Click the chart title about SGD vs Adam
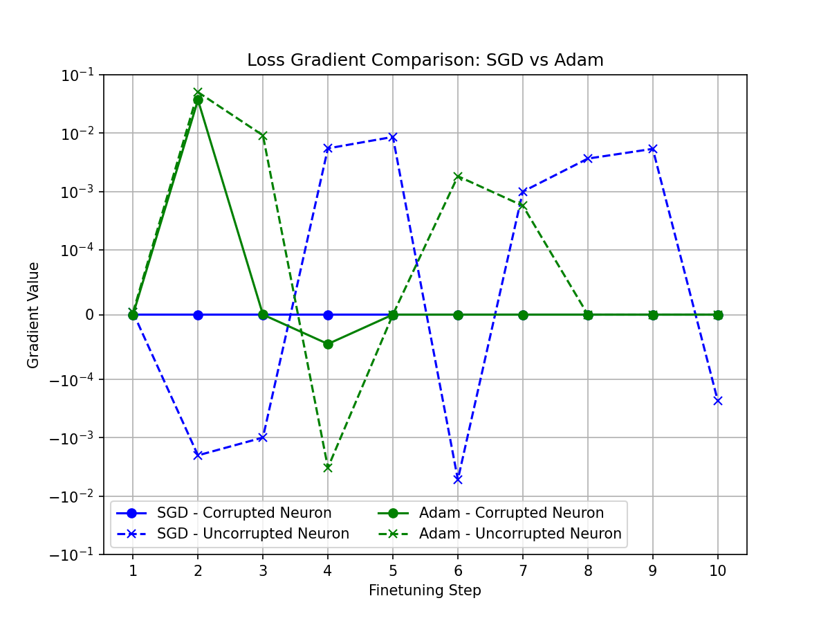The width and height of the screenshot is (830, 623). (x=425, y=60)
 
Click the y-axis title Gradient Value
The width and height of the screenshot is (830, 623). (x=34, y=315)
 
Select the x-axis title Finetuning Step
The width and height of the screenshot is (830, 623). (x=425, y=590)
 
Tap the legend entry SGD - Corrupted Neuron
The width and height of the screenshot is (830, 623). (x=244, y=513)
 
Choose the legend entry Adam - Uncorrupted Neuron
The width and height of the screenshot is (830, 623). (x=520, y=534)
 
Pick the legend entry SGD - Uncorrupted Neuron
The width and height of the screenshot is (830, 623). (x=253, y=534)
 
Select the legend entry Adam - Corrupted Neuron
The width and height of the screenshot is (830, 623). (x=511, y=513)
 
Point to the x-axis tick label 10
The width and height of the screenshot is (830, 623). (x=718, y=571)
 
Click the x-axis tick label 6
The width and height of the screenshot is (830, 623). (x=458, y=571)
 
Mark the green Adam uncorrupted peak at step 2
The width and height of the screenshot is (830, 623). (x=198, y=92)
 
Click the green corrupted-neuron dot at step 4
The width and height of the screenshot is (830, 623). (x=328, y=344)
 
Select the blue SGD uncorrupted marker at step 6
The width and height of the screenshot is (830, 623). (x=458, y=479)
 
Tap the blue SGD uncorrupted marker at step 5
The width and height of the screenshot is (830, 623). (x=393, y=137)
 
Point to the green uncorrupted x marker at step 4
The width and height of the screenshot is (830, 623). (x=328, y=468)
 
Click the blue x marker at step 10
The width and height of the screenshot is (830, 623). (x=718, y=401)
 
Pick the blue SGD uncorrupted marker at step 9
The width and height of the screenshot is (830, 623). (x=653, y=149)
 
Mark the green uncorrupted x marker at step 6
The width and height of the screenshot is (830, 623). (x=458, y=177)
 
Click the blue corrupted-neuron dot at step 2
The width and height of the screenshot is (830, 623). (x=198, y=315)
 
